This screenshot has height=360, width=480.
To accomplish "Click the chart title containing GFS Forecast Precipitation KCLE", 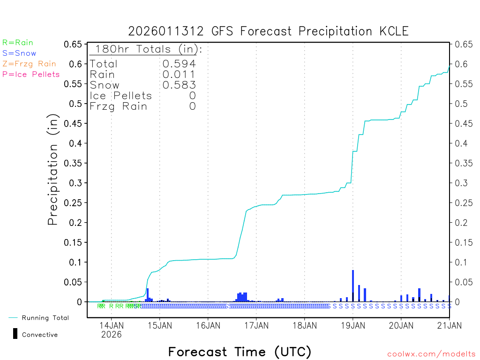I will click(x=268, y=31).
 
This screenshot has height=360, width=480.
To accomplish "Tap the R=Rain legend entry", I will click(x=18, y=43).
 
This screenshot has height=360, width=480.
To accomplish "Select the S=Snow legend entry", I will click(x=19, y=53).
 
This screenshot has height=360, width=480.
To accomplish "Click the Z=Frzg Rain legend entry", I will click(x=29, y=64).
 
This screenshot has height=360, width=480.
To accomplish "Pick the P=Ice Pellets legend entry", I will click(x=31, y=74).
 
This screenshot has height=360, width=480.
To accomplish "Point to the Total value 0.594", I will click(x=179, y=64).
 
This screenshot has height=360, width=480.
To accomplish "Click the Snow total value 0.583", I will click(x=179, y=85).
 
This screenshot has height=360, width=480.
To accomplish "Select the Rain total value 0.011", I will click(x=179, y=74).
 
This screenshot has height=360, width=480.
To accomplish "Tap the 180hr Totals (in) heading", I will click(x=146, y=49).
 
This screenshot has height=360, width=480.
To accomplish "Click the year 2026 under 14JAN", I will click(x=112, y=335).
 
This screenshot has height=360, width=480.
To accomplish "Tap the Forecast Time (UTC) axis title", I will click(x=240, y=352).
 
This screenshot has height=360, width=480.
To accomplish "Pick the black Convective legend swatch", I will click(x=15, y=333).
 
